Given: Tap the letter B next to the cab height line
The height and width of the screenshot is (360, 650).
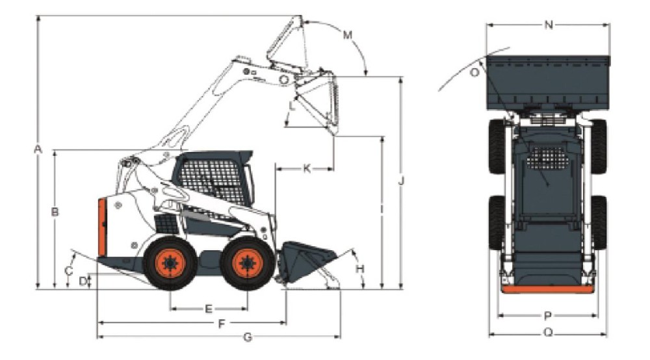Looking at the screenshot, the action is click(55, 212).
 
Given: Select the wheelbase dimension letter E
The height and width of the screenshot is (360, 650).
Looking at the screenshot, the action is click(209, 309).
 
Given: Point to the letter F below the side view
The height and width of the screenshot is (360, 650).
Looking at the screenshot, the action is click(222, 324).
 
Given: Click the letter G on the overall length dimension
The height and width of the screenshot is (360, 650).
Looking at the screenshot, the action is click(248, 337).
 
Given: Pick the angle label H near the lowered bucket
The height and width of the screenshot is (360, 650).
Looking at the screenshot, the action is click(360, 269).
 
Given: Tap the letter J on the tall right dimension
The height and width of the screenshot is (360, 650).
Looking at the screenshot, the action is click(401, 181).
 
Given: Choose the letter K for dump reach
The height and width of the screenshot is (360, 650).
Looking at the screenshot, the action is click(307, 168).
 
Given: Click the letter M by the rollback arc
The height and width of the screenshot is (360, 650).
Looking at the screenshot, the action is click(347, 35).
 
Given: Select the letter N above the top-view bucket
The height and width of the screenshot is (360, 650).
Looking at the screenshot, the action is click(549, 25).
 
